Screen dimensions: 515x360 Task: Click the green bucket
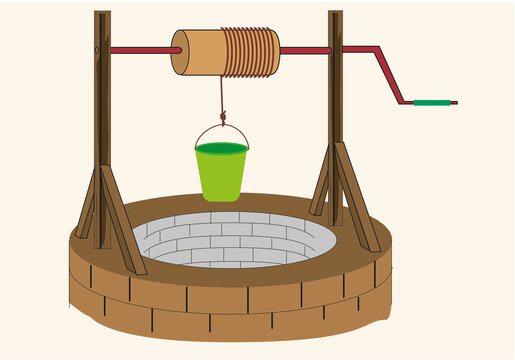221,175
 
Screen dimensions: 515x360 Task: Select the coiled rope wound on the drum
251,53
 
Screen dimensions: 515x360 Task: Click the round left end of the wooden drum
179,52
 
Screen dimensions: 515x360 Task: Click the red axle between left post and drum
140,50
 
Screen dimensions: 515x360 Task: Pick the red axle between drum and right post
304,50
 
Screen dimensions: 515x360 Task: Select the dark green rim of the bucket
221,148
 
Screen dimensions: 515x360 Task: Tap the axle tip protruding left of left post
97,49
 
